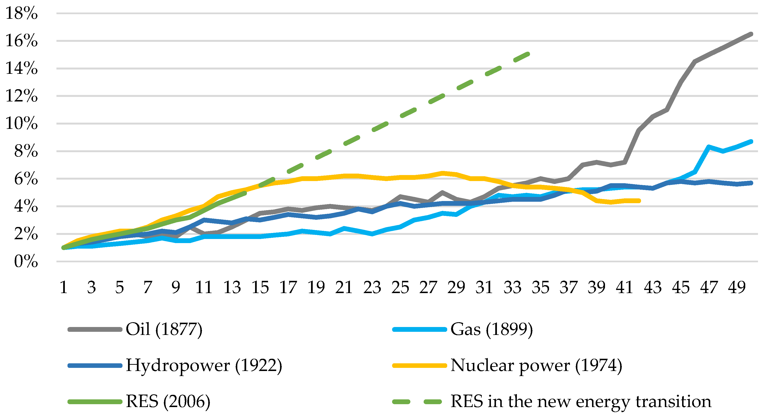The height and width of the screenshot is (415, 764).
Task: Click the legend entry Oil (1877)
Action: click(x=164, y=329)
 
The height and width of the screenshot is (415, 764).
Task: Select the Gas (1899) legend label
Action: click(x=491, y=329)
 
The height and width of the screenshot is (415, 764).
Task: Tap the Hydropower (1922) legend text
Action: click(x=204, y=365)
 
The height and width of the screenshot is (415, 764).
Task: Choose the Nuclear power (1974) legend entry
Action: click(x=536, y=365)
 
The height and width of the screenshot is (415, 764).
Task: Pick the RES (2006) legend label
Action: click(x=168, y=402)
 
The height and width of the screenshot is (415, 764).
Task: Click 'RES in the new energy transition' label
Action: click(x=581, y=402)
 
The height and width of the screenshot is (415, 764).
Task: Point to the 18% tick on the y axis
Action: click(x=22, y=13)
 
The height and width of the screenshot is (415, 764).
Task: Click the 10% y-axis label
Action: click(x=22, y=124)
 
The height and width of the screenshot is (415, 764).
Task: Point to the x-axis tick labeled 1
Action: click(x=63, y=287)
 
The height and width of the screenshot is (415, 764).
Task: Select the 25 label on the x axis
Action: click(x=400, y=287)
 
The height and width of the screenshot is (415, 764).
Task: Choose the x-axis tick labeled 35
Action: click(x=540, y=287)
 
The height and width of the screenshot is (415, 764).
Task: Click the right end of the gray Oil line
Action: click(x=751, y=34)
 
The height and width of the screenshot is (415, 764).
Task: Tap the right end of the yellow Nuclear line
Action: click(x=639, y=201)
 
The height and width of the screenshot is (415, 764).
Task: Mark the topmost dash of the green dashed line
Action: click(x=522, y=57)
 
